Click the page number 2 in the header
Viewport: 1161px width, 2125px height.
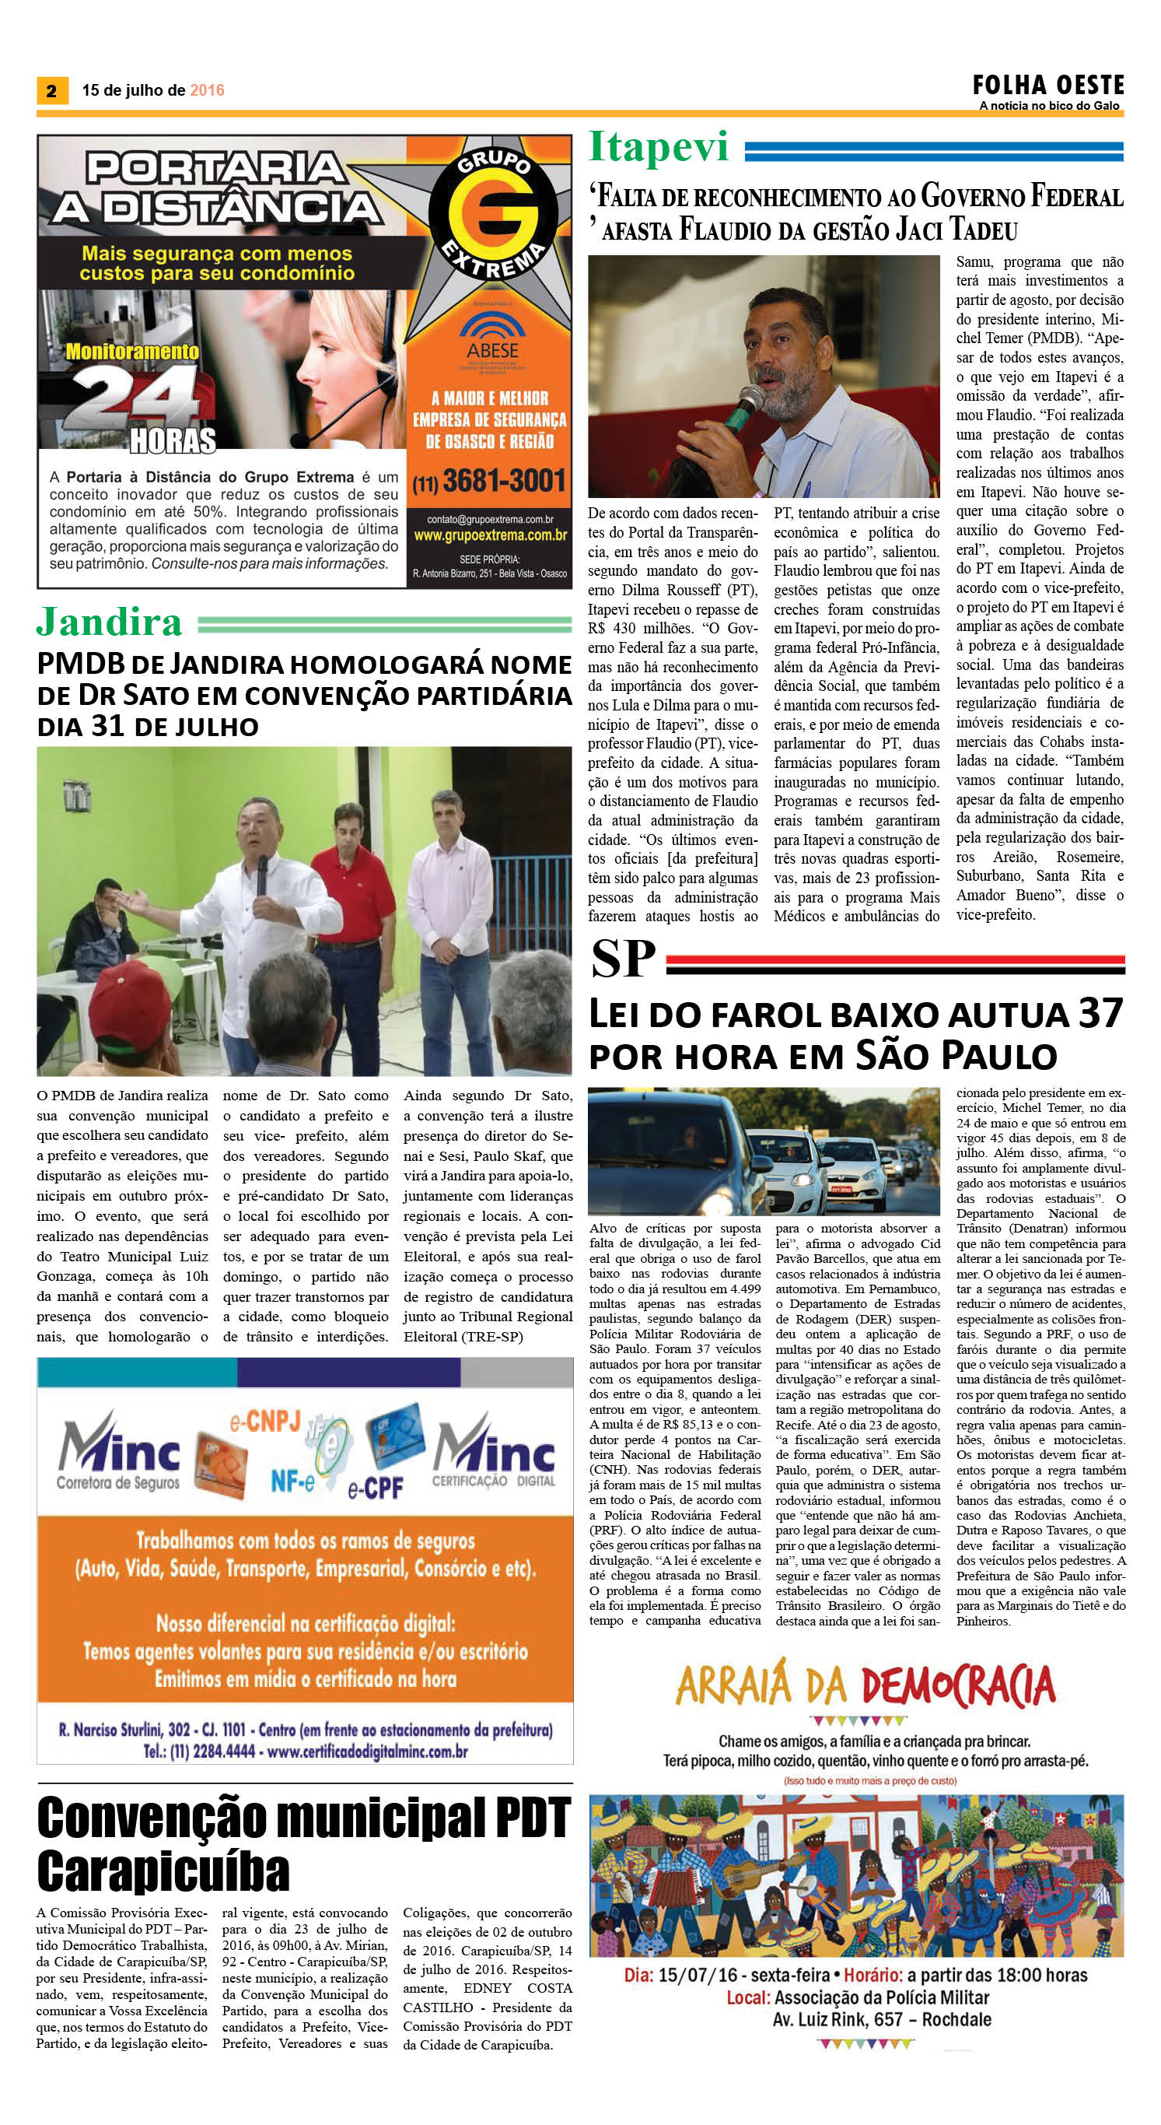point(51,91)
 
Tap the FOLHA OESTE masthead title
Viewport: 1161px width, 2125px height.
point(1047,85)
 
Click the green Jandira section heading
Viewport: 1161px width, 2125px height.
point(109,622)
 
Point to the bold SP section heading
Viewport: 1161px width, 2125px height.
point(623,959)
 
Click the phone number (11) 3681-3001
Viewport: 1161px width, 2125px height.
point(490,481)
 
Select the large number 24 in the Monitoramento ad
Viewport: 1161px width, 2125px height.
point(136,398)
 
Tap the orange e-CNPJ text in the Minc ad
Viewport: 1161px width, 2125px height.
point(264,1421)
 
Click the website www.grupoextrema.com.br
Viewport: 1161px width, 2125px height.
point(490,535)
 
